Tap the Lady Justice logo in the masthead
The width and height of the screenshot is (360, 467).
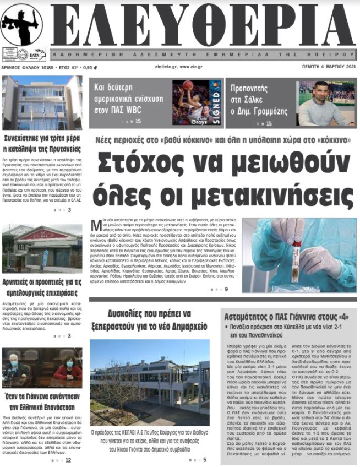point(22,25)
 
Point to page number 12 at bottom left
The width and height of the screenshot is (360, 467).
point(68,460)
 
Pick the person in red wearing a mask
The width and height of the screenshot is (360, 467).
point(70,367)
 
